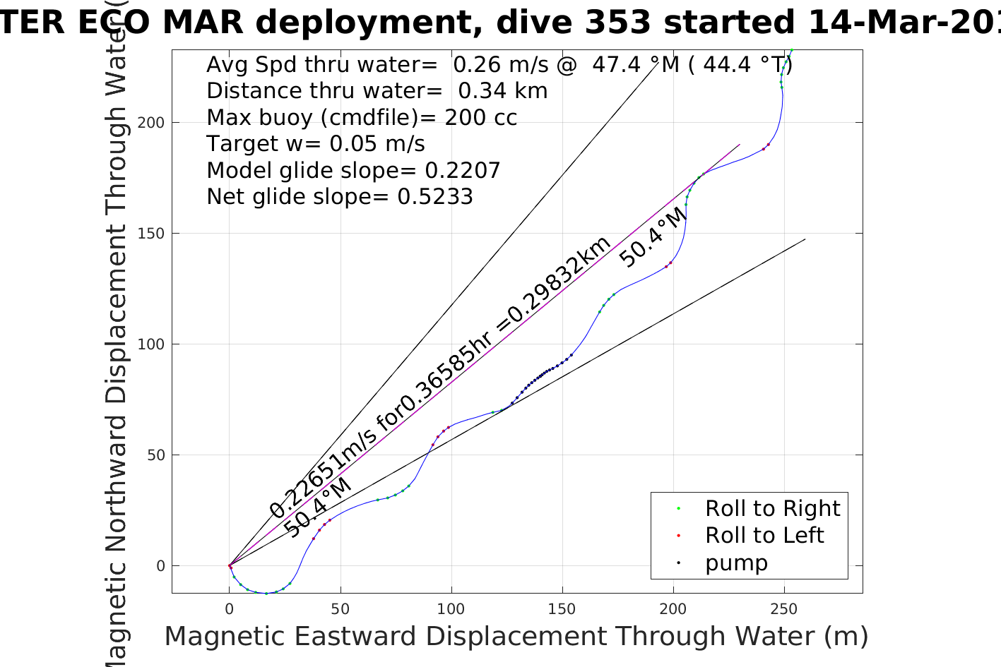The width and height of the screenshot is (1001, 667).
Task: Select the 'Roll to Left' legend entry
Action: [764, 535]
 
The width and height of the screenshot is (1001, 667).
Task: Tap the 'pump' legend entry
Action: [736, 563]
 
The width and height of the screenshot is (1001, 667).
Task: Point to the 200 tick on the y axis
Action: [151, 122]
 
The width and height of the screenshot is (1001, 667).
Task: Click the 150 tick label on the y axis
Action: [151, 233]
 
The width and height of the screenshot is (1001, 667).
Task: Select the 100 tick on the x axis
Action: [451, 608]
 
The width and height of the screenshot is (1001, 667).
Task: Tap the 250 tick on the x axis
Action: [783, 608]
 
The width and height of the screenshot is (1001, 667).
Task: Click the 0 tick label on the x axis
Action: [229, 608]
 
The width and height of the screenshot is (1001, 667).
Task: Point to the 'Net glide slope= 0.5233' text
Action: [340, 196]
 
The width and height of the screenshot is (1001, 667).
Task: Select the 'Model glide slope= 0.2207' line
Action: [353, 170]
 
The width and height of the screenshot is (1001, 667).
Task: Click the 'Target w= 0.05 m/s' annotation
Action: [316, 144]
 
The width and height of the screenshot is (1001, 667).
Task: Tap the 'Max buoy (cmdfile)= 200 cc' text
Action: [362, 117]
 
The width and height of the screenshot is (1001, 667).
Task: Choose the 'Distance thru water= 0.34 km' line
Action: [377, 91]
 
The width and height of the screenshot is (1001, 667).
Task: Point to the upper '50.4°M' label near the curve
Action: [653, 237]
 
